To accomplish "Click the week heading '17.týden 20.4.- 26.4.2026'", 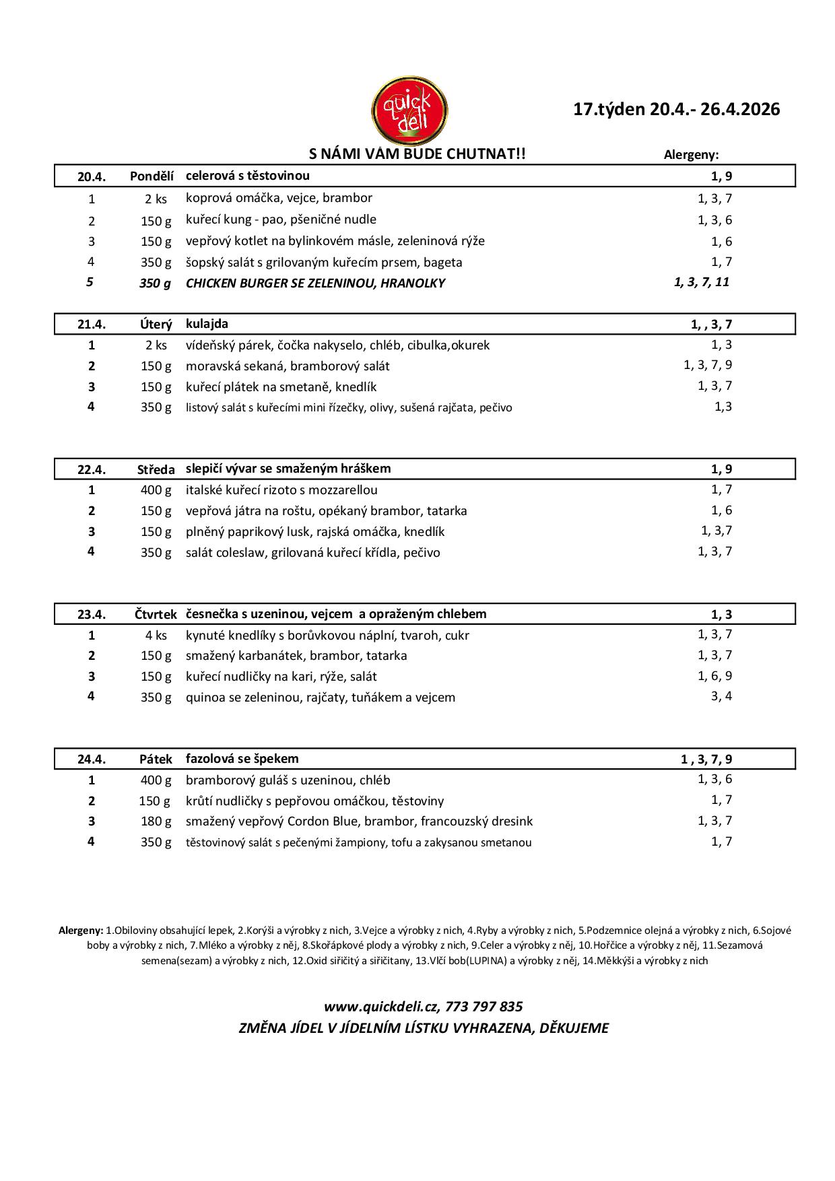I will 676,109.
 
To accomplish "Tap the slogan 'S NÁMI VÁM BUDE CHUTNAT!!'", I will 417,154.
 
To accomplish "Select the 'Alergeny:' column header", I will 691,155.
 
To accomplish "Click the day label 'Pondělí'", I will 152,176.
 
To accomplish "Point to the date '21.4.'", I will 92,325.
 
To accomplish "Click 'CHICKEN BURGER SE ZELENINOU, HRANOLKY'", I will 315,283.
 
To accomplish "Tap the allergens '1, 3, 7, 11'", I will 701,282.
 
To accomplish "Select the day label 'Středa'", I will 156,469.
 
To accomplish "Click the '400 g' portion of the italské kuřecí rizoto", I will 156,490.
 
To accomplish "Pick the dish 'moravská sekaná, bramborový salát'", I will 288,366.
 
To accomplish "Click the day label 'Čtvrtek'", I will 156,615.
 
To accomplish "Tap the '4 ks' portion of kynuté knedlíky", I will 156,636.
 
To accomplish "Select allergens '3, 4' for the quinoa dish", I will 721,696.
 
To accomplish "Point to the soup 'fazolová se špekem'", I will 242,759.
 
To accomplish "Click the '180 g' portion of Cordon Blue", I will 156,821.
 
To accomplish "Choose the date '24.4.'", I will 92,760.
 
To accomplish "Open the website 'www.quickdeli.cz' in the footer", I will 380,1007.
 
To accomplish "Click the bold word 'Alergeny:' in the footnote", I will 81,931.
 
